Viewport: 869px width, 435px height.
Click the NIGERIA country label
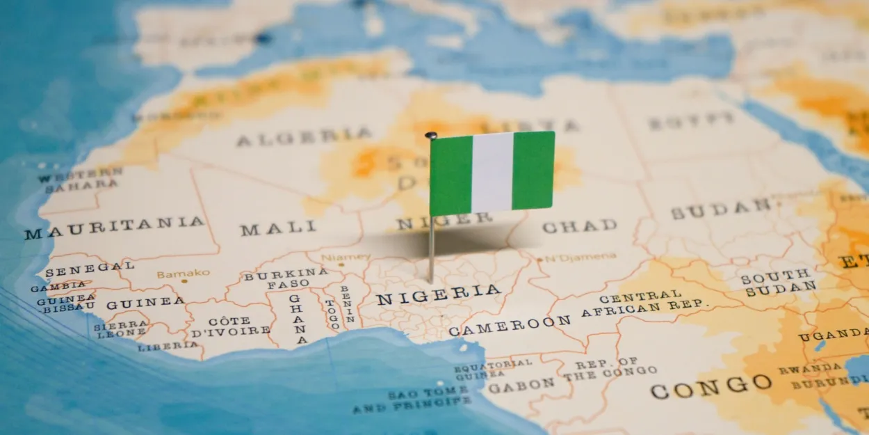click(438, 295)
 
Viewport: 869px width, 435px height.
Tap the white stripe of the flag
click(492, 172)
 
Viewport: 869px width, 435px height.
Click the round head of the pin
click(431, 135)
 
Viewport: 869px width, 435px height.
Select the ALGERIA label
click(304, 136)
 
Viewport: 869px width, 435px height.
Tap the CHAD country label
click(579, 226)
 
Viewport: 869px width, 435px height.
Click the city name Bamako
click(182, 274)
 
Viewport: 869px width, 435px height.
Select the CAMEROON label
click(510, 325)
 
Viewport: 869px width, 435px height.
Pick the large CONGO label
click(710, 386)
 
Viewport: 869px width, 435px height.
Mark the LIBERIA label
click(168, 346)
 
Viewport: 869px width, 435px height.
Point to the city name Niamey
click(346, 257)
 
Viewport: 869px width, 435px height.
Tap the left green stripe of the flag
click(450, 175)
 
